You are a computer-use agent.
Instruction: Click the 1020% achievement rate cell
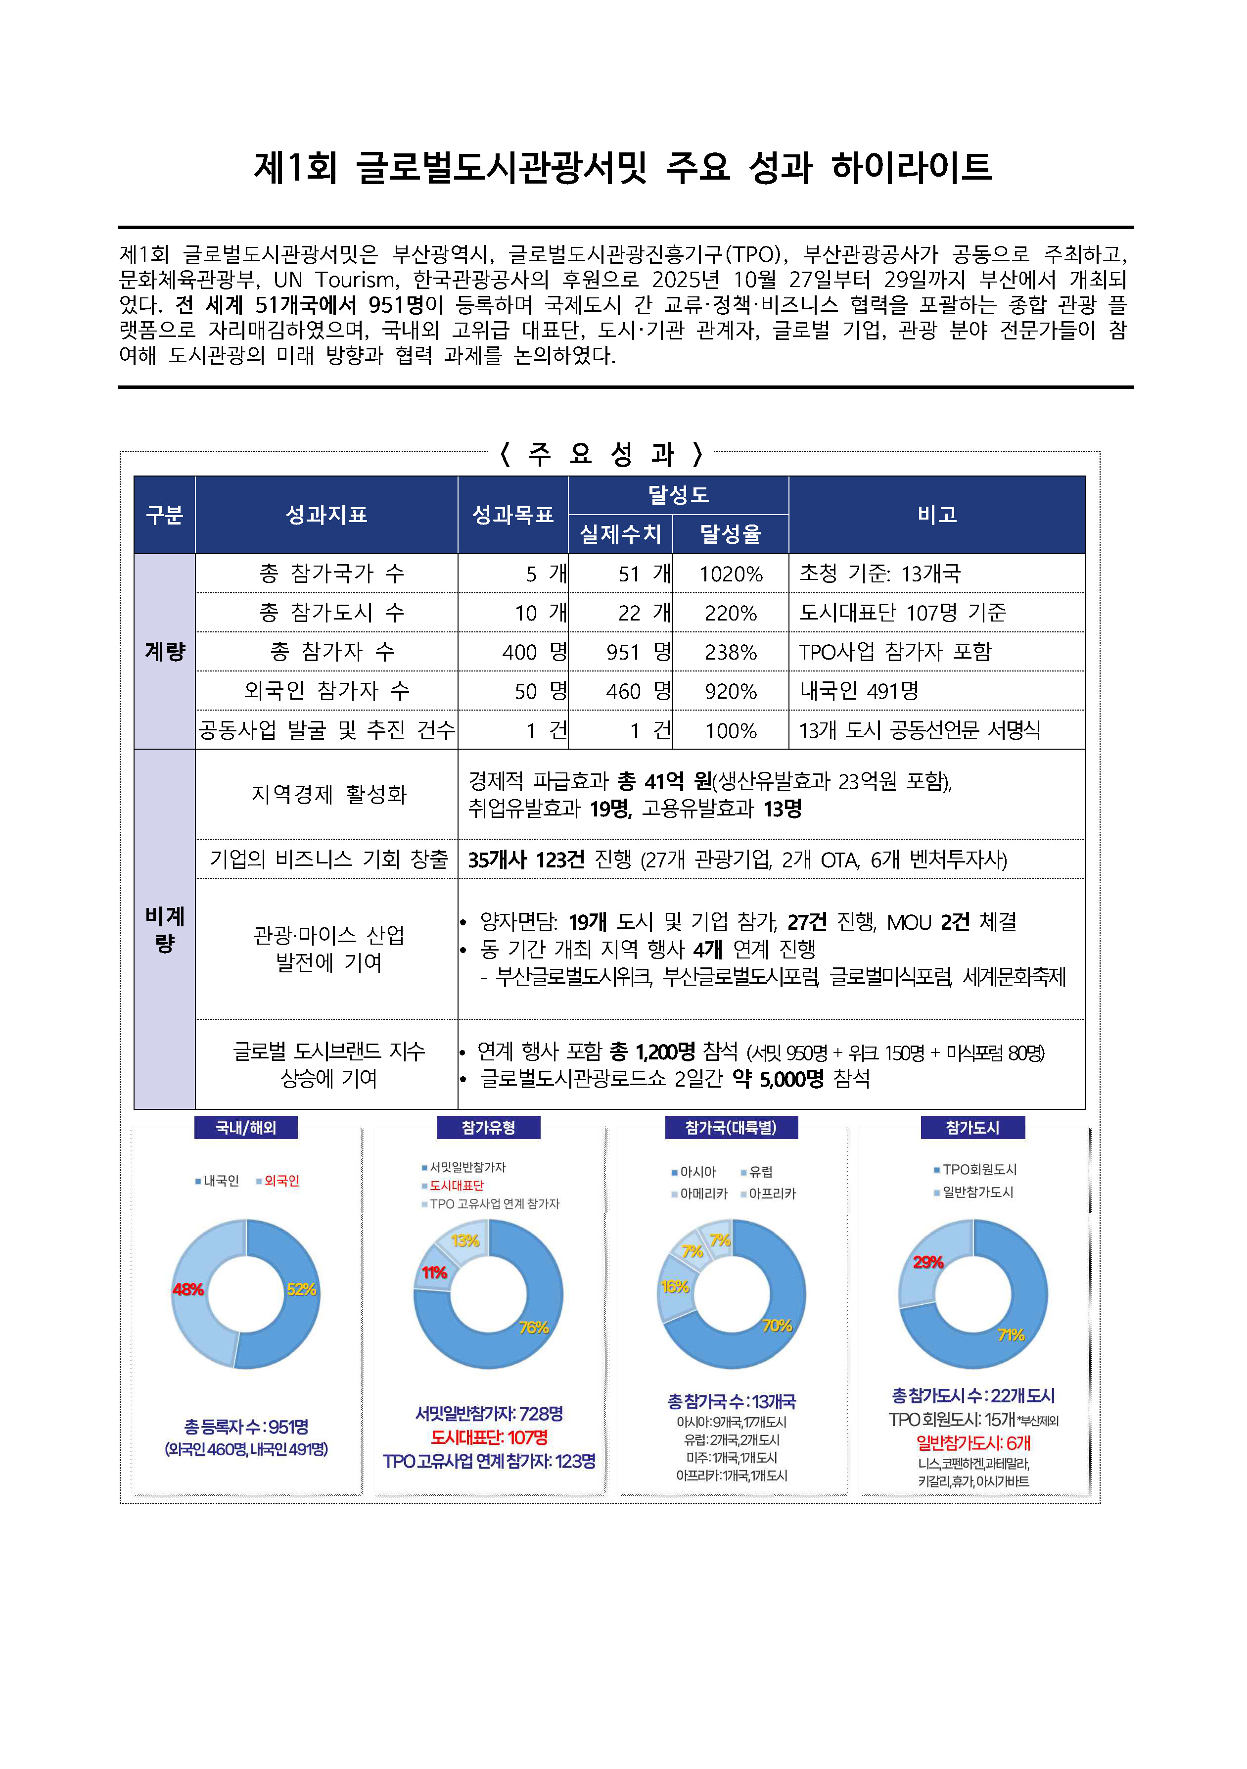pyautogui.click(x=730, y=574)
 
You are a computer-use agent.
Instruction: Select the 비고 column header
pyautogui.click(x=936, y=515)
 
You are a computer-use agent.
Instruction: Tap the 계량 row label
pyautogui.click(x=165, y=652)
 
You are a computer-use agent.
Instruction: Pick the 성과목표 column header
pyautogui.click(x=513, y=515)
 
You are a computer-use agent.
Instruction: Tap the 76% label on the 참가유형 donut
pyautogui.click(x=533, y=1328)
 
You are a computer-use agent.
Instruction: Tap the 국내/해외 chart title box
pyautogui.click(x=246, y=1127)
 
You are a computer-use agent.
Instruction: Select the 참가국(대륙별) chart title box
pyautogui.click(x=731, y=1127)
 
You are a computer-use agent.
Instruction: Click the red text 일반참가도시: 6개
pyautogui.click(x=973, y=1443)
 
